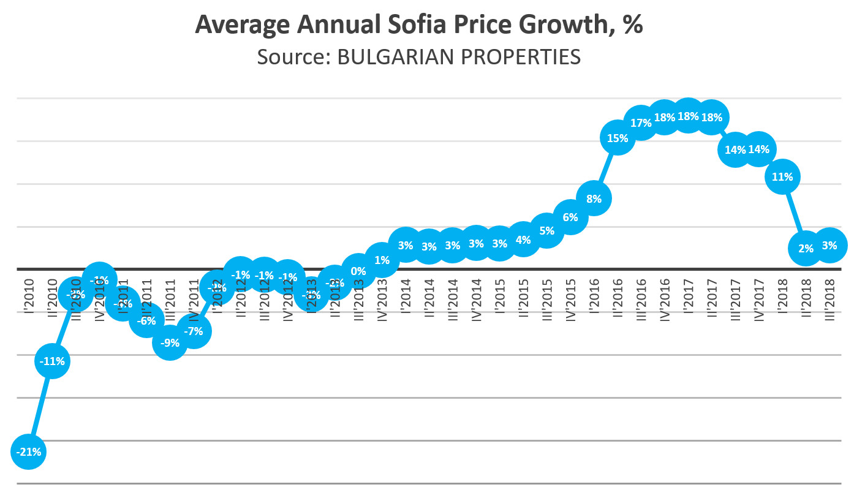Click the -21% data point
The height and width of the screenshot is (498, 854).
pyautogui.click(x=29, y=452)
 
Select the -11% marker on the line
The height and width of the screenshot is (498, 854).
pyautogui.click(x=52, y=361)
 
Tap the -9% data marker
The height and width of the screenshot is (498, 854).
pyautogui.click(x=170, y=343)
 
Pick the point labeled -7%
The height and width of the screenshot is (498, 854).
pyautogui.click(x=194, y=331)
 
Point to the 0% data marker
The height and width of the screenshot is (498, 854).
pyautogui.click(x=358, y=271)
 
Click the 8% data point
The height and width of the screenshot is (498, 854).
pyautogui.click(x=594, y=198)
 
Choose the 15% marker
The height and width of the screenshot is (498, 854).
pyautogui.click(x=618, y=138)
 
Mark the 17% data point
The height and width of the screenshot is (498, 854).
pyautogui.click(x=641, y=123)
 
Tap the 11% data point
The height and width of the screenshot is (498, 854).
pyautogui.click(x=782, y=177)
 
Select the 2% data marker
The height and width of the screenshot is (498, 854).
pyautogui.click(x=806, y=248)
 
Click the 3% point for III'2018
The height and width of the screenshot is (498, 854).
pyautogui.click(x=829, y=245)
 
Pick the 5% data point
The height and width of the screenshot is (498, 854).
pyautogui.click(x=546, y=231)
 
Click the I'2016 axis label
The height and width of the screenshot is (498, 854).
pyautogui.click(x=594, y=296)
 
